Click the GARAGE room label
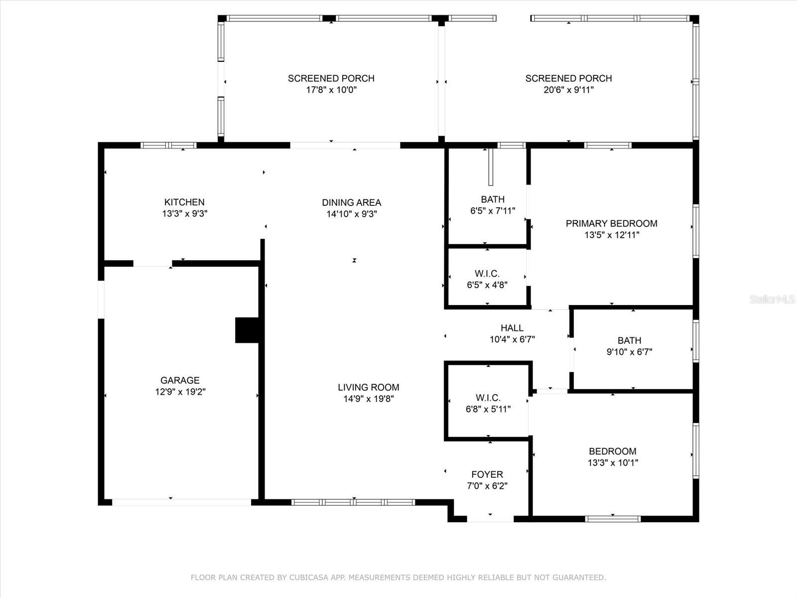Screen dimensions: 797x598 [x=180, y=380]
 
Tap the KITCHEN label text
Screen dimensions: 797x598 [x=184, y=202]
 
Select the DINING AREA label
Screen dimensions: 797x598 [x=352, y=203]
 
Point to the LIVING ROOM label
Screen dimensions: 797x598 [x=369, y=387]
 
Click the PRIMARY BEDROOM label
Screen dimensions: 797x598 [x=612, y=224]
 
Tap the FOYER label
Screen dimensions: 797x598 [x=487, y=474]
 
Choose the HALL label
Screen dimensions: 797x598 [x=512, y=328]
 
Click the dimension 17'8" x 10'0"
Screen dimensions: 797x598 [x=331, y=90]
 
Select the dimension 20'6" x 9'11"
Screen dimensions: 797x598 [x=569, y=90]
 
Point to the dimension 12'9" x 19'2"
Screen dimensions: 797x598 [x=180, y=392]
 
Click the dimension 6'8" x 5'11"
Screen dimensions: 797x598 [x=488, y=409]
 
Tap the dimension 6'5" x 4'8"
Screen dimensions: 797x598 [x=487, y=285]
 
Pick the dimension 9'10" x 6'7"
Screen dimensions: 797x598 [x=629, y=352]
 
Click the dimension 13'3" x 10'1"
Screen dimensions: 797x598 [x=613, y=463]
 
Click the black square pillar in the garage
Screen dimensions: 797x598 [x=247, y=330]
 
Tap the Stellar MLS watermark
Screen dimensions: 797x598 [x=772, y=299]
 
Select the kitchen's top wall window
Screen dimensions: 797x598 [x=168, y=146]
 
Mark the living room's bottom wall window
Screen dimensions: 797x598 [x=353, y=502]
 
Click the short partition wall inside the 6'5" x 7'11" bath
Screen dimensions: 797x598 [x=491, y=167]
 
